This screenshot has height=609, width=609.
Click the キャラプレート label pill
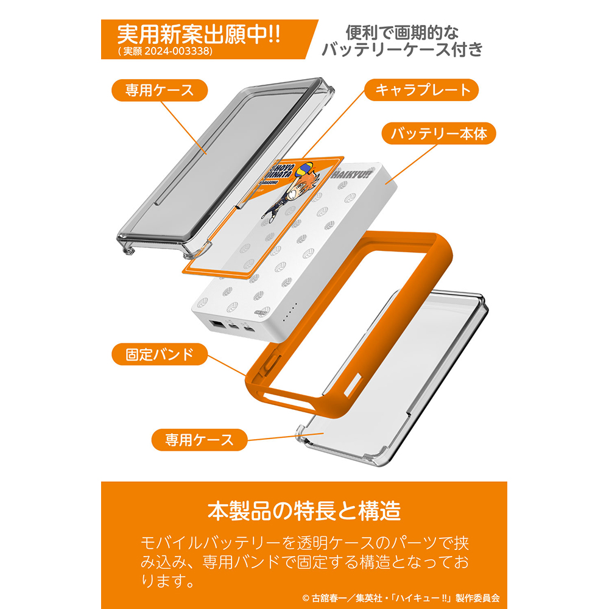[x=421, y=90]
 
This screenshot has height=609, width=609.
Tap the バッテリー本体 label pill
[x=438, y=133]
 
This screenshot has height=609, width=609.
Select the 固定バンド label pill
[x=160, y=354]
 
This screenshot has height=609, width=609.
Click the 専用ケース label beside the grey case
[x=160, y=91]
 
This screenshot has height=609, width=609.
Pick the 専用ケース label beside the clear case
[x=199, y=440]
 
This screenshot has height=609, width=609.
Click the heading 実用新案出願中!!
[x=199, y=35]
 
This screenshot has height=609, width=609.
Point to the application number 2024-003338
[x=178, y=51]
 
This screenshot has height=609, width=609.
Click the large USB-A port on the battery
[x=216, y=323]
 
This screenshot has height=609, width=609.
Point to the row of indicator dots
[x=290, y=312]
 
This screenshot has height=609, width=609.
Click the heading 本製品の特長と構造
[x=304, y=511]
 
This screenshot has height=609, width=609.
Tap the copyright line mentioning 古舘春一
[x=401, y=598]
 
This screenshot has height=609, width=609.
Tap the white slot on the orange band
[x=352, y=385]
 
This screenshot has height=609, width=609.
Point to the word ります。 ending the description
[x=167, y=582]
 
